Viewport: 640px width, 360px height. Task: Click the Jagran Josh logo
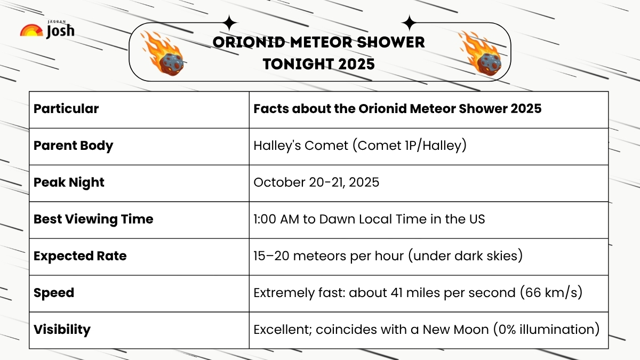pos(47,30)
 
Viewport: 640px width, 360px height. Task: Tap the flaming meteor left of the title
pos(163,52)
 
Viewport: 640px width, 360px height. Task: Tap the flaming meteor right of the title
pos(479,52)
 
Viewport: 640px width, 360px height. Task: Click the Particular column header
pos(66,109)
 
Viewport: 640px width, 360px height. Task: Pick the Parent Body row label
pos(73,146)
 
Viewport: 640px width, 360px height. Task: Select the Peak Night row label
pos(69,182)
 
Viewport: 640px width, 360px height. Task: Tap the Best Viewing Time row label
pos(93,219)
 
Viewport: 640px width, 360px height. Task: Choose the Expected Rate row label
pos(80,256)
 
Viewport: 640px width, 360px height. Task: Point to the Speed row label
pos(54,293)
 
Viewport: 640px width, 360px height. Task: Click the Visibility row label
pos(62,330)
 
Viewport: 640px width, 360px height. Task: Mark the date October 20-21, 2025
pos(316,182)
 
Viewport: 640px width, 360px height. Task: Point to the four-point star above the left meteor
pos(230,23)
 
